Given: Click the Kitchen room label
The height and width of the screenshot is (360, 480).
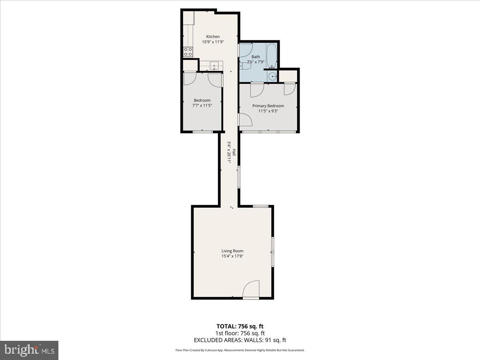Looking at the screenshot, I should [213, 37].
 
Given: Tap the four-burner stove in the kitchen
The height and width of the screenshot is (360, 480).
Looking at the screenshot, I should [188, 52].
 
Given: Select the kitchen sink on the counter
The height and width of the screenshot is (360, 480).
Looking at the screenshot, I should [213, 64].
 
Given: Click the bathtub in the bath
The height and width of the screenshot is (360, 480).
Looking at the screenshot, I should [272, 56].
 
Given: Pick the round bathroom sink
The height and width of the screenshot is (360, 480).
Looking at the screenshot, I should [272, 77].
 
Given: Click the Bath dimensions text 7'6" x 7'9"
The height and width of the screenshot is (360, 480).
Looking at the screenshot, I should [256, 62].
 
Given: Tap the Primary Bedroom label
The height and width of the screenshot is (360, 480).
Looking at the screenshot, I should [268, 106].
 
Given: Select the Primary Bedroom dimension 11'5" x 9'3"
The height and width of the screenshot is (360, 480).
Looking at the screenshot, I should [268, 111].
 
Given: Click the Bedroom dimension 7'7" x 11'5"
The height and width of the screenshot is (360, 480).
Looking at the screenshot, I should [202, 106].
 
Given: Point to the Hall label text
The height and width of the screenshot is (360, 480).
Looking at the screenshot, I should [234, 152].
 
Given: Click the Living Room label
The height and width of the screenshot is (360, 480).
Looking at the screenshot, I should [232, 251].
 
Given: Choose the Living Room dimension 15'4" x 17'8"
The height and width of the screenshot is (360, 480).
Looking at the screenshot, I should [232, 256].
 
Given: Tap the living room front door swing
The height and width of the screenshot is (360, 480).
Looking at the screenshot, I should [252, 289].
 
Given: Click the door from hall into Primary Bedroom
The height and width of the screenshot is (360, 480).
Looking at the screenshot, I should [244, 119].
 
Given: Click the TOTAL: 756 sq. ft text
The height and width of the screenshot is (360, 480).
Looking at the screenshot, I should [240, 326].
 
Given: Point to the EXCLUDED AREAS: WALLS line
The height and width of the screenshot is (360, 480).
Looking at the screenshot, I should [240, 340].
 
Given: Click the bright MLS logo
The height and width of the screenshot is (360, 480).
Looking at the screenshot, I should [29, 350].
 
